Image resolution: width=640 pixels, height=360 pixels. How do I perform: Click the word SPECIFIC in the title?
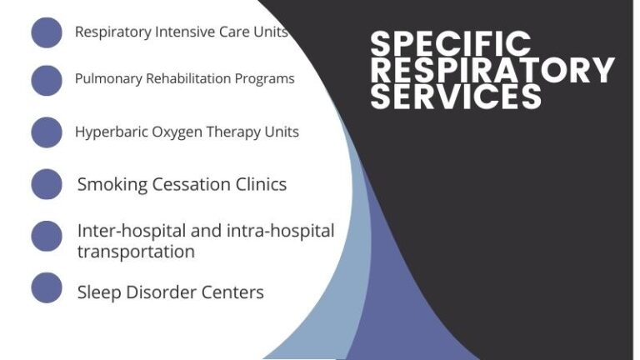(x=450, y=43)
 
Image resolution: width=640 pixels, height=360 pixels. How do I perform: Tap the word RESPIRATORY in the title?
(x=492, y=70)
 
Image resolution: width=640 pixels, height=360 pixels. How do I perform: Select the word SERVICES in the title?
(x=456, y=97)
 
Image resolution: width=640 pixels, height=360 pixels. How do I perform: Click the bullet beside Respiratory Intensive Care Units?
(x=47, y=32)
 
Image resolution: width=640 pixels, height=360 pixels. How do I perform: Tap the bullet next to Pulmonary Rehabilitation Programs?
(x=47, y=80)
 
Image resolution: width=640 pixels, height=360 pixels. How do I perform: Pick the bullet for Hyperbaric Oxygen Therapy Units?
(x=47, y=132)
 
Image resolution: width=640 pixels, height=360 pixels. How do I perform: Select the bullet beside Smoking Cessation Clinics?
(x=47, y=184)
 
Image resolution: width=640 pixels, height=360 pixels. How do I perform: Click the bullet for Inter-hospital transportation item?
(x=47, y=236)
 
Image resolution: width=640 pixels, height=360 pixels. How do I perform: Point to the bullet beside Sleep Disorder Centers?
(x=47, y=287)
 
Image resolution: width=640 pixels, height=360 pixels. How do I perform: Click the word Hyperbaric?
(x=108, y=132)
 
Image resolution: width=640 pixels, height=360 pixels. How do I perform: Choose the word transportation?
(x=136, y=251)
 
